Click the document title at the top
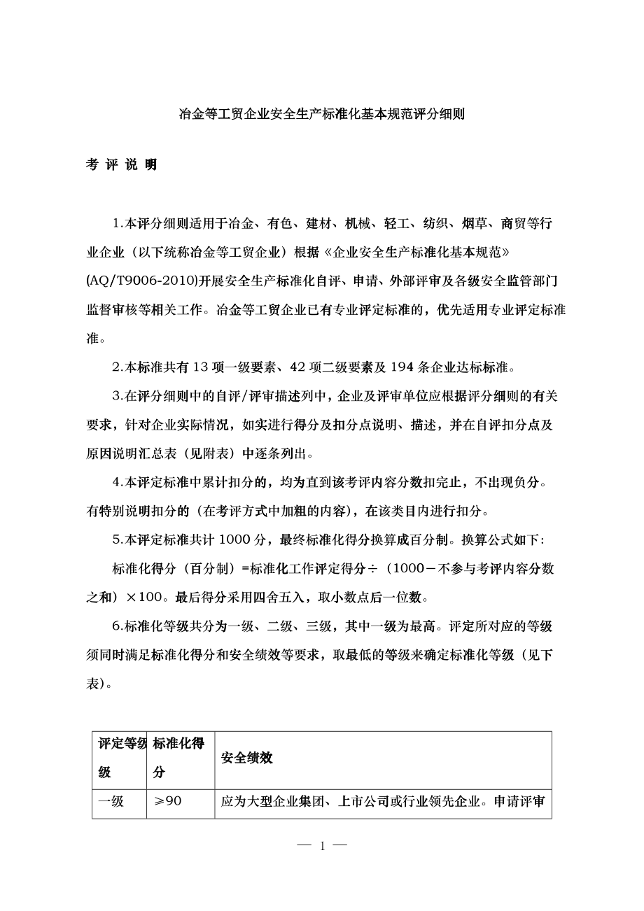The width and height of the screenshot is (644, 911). coord(322,113)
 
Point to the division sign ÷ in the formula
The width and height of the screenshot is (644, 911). coord(373,568)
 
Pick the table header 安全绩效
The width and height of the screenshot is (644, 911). coord(246,758)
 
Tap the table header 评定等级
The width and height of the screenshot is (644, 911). coord(119,758)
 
